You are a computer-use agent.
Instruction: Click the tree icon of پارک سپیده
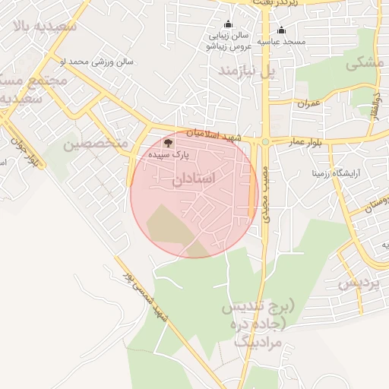tap(168, 142)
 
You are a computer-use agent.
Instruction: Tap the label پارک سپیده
tap(169, 154)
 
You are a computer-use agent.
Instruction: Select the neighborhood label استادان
tap(194, 178)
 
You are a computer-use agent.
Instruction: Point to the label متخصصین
tap(92, 143)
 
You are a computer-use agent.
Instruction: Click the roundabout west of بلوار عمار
tap(265, 141)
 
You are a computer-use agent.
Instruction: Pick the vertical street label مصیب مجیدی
tap(267, 194)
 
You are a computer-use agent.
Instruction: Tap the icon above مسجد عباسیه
tap(282, 30)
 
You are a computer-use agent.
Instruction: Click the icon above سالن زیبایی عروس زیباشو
tap(227, 24)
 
